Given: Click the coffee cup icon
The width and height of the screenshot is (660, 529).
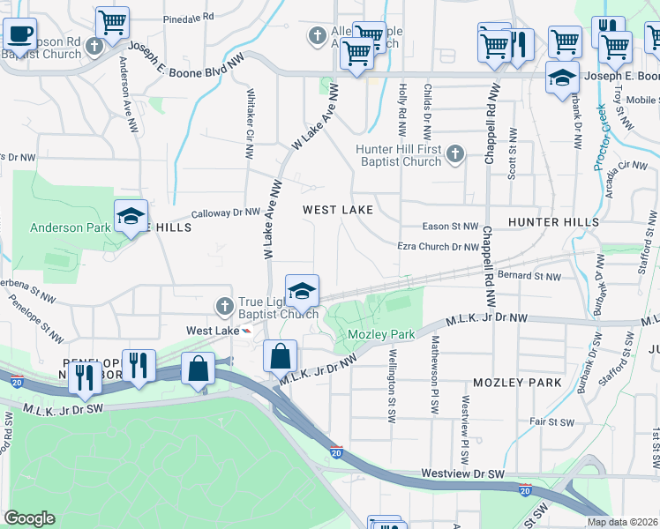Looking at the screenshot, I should click(x=19, y=35).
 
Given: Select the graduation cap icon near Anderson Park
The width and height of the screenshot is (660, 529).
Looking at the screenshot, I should click(x=130, y=217).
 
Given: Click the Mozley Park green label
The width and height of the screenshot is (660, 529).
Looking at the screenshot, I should click(x=381, y=335).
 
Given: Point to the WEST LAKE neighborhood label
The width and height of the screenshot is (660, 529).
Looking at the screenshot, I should click(x=338, y=210).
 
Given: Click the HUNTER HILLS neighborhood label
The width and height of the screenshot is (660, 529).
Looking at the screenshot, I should click(x=553, y=221).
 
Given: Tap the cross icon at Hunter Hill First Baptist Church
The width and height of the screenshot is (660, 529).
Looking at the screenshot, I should click(x=455, y=155).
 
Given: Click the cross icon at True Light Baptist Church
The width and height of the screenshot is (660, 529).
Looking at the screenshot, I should click(x=225, y=306).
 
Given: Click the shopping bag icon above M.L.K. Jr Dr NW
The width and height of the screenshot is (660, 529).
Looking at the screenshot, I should click(x=280, y=358).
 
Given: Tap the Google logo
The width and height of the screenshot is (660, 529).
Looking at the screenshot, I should click(x=29, y=518).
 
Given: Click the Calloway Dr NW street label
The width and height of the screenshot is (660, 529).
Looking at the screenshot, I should click(x=227, y=212).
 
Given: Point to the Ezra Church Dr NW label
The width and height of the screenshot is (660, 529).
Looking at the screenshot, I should click(x=438, y=246).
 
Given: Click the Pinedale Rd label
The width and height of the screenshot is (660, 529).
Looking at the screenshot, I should click(x=190, y=16).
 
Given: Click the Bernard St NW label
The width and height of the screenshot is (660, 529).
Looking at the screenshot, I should click(x=529, y=276).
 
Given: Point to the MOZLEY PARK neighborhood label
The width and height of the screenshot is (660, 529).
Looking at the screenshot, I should click(x=517, y=383).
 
